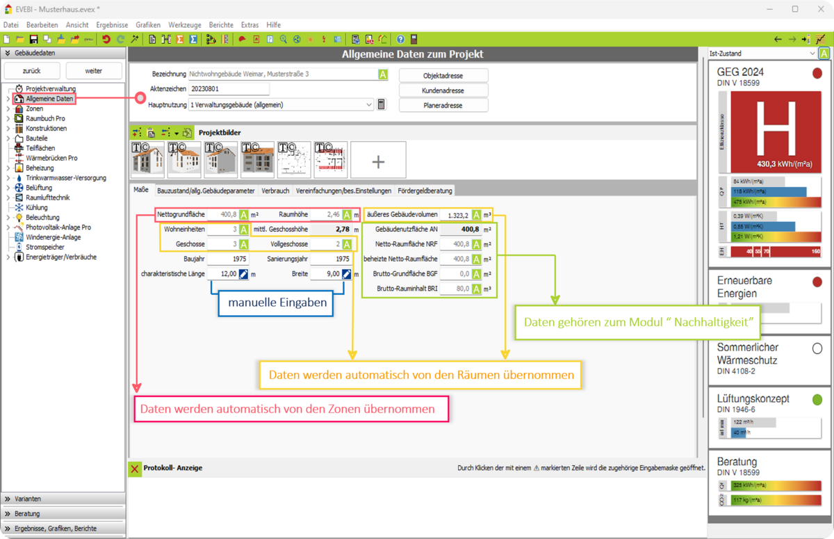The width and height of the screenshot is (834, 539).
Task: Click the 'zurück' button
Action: click(31, 70)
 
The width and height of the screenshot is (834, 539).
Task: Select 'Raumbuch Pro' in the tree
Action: click(45, 118)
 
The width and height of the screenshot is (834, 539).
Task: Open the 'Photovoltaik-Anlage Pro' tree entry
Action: click(58, 227)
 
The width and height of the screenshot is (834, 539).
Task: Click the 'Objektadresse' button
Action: click(443, 75)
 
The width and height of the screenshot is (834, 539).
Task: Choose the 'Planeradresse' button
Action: click(443, 105)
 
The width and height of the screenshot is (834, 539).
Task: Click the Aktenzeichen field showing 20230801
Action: click(229, 89)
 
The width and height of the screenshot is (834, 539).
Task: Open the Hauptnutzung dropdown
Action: click(368, 105)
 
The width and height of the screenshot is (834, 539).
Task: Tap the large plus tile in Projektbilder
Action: click(378, 161)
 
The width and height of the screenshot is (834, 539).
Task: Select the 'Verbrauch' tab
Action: click(275, 191)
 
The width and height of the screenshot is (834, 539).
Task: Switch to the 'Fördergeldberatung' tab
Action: click(425, 191)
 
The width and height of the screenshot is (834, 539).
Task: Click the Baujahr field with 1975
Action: click(223, 259)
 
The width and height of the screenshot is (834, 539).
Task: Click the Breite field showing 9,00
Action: click(326, 274)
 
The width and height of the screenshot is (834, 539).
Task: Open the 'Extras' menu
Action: click(250, 24)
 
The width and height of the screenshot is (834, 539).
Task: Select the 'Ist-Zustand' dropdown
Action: click(762, 54)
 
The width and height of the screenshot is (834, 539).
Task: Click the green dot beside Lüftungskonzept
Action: click(817, 399)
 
